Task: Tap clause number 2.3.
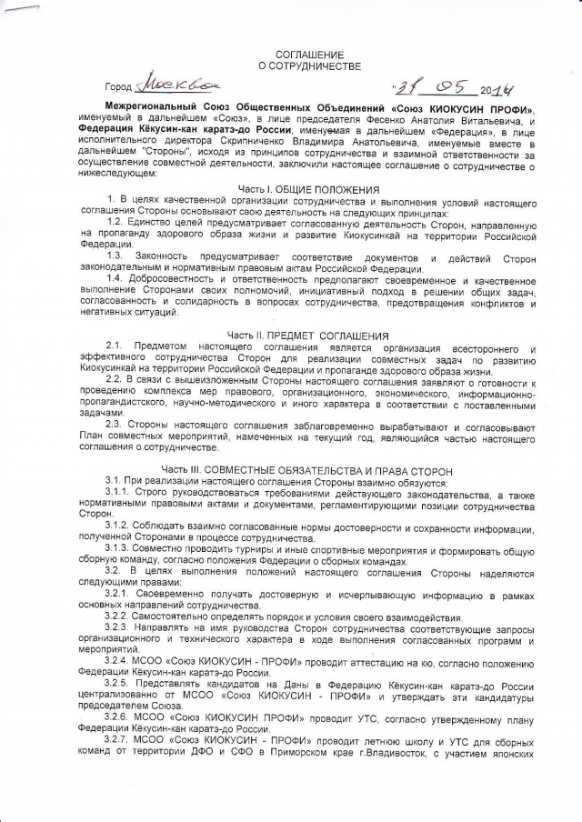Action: [x=115, y=425]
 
